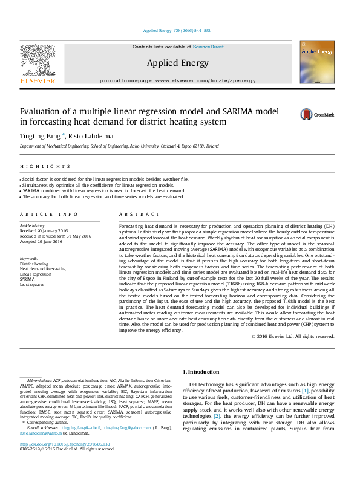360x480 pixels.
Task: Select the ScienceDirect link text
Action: (208, 47)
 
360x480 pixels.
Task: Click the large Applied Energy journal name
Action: (177, 63)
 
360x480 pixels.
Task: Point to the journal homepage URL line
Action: (177, 80)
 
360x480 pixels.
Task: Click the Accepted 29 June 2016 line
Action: (41, 242)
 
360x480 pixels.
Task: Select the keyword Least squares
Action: (32, 284)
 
